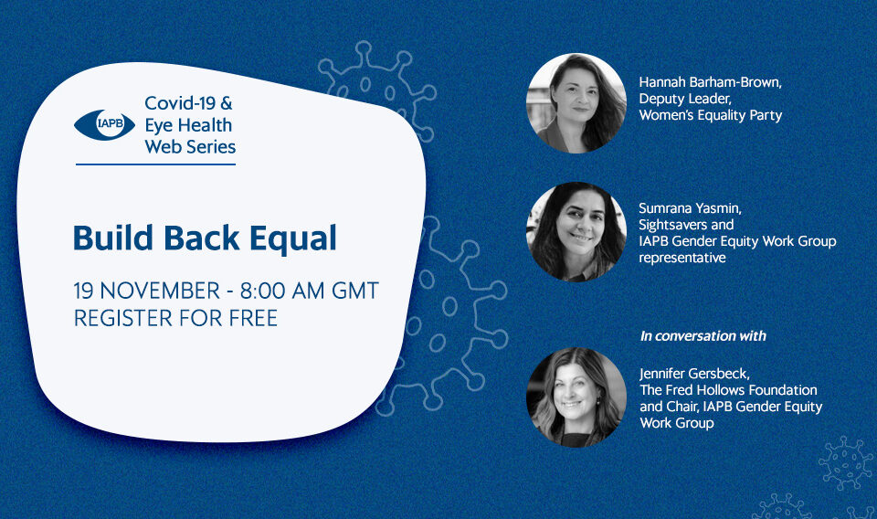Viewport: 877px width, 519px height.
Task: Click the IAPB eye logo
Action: (104, 124)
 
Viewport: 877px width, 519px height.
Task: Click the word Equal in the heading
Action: (293, 238)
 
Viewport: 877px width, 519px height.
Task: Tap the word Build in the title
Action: (113, 238)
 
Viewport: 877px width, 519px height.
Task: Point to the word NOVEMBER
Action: (160, 291)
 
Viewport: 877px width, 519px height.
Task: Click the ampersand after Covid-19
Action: (226, 103)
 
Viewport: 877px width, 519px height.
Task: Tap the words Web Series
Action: (190, 146)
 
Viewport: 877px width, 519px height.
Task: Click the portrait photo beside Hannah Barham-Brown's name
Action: (576, 103)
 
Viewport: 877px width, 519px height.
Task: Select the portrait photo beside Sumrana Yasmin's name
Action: (576, 231)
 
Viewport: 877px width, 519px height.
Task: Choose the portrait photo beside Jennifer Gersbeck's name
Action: (576, 397)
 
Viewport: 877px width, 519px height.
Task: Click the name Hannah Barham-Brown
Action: (710, 82)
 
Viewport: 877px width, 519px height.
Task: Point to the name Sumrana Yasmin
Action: (689, 208)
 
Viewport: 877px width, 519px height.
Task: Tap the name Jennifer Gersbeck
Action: (693, 374)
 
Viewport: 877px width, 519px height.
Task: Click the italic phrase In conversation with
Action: (703, 336)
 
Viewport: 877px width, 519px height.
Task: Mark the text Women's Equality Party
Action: (711, 115)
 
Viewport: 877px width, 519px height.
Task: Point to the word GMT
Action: (355, 291)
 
